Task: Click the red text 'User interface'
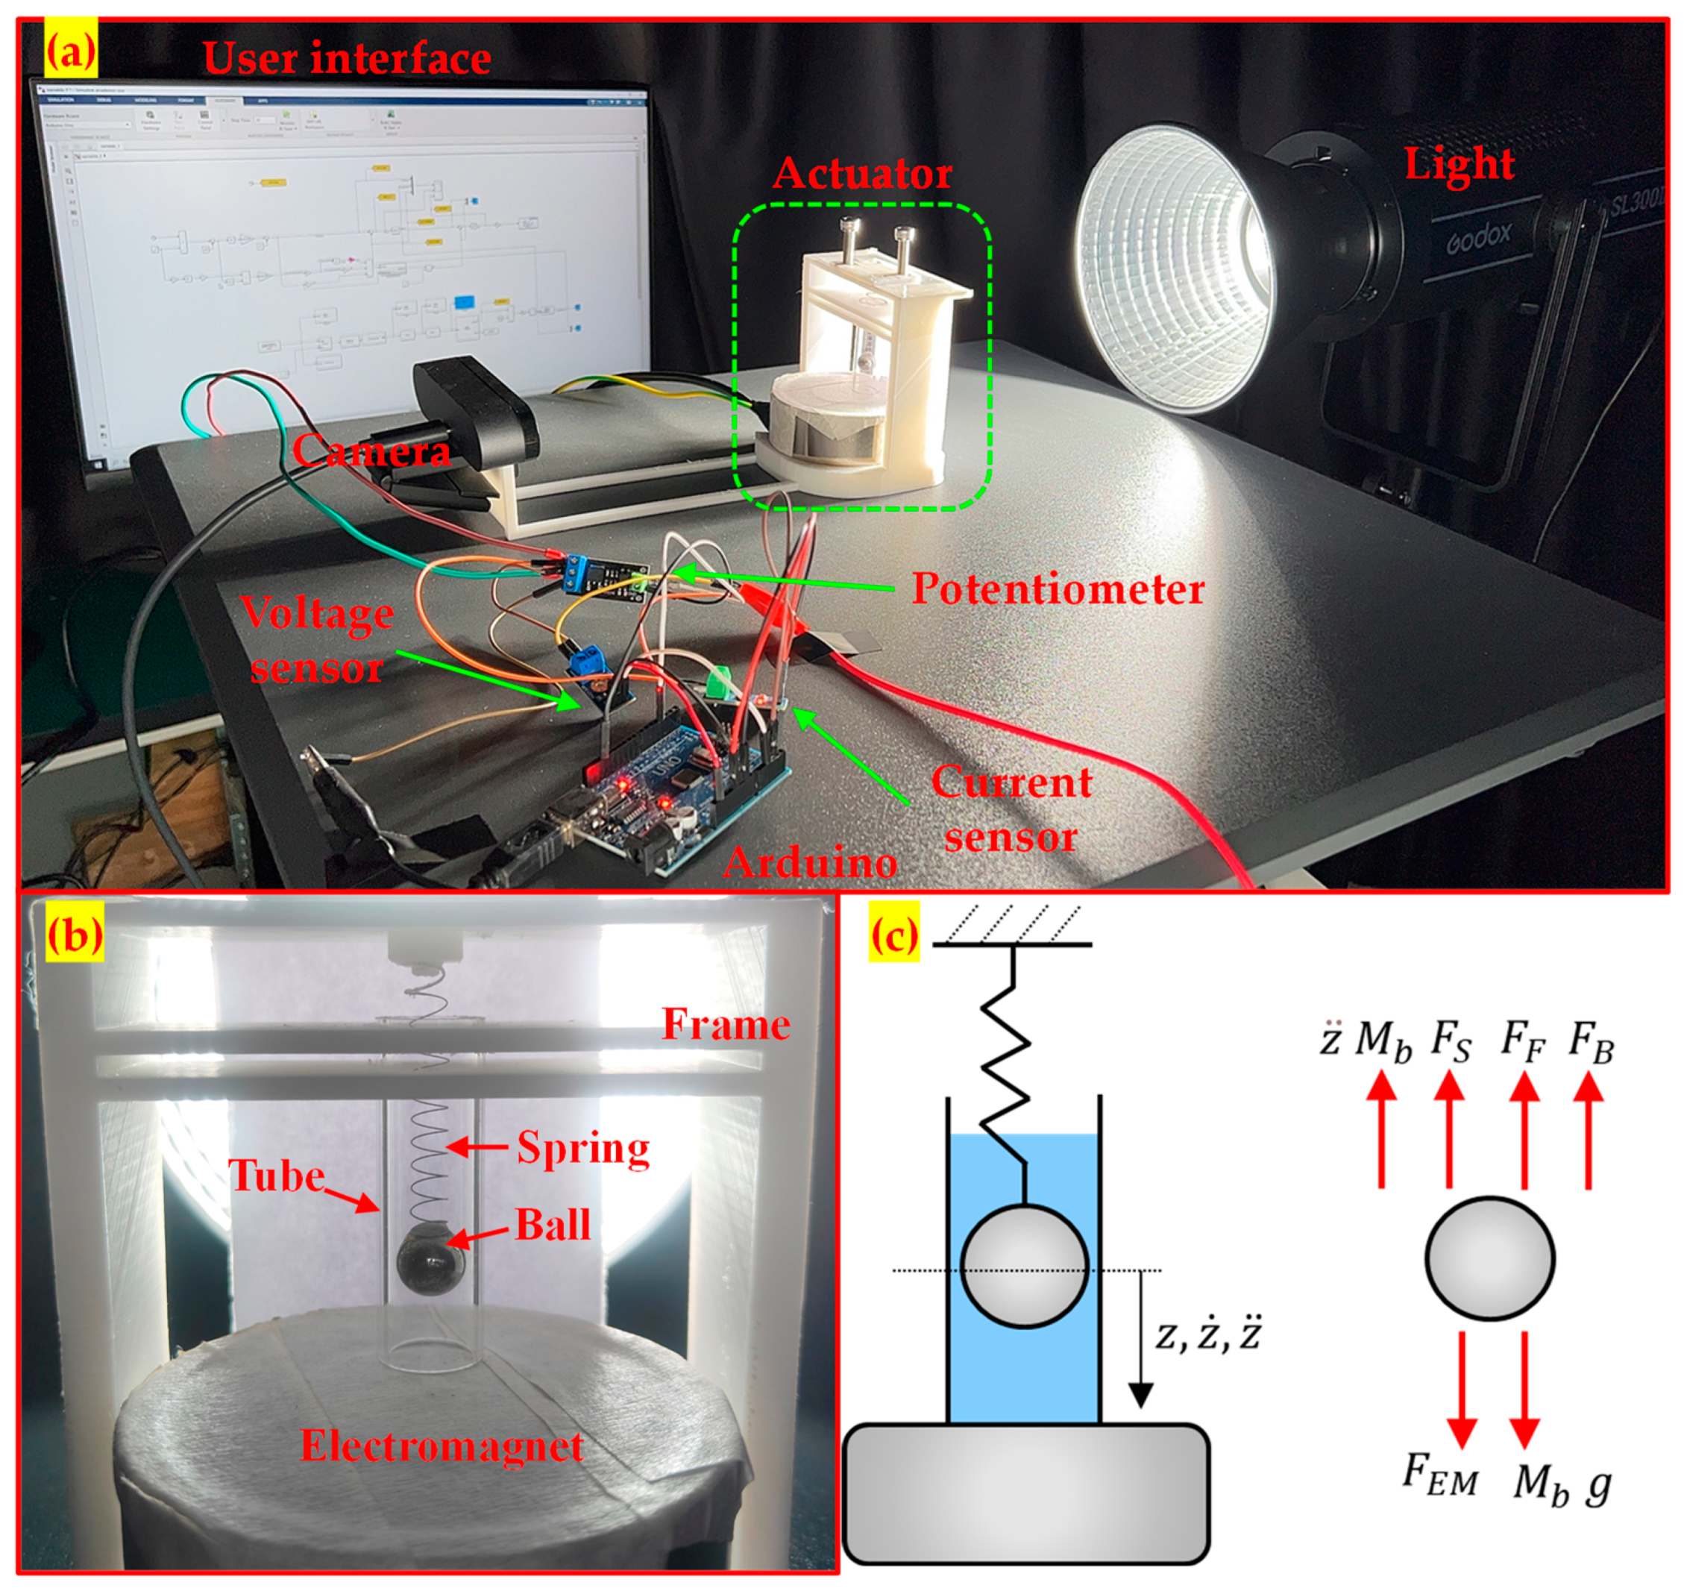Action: (x=347, y=57)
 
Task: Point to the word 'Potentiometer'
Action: (x=1058, y=588)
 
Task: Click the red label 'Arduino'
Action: (x=810, y=862)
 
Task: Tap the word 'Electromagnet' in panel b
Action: (x=442, y=1445)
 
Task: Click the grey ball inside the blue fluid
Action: (x=1023, y=1264)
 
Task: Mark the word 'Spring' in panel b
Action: (x=582, y=1147)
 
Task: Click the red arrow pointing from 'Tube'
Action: (x=351, y=1199)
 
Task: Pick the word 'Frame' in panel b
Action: (x=726, y=1023)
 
